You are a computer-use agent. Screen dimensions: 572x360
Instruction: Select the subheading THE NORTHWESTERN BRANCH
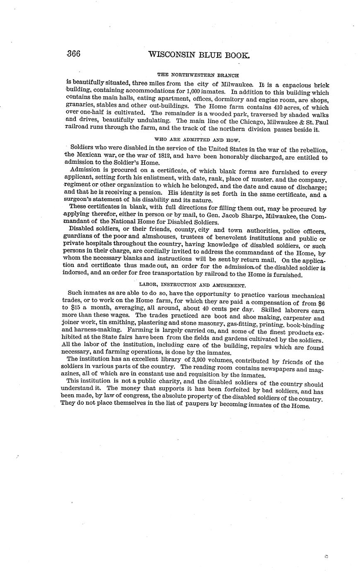coord(198,75)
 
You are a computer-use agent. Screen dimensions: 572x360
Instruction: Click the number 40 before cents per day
coord(196,310)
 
